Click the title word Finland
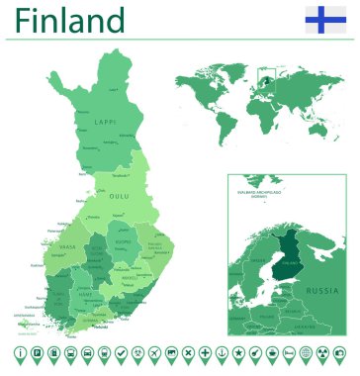[x=70, y=20]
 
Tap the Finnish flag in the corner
[x=325, y=19]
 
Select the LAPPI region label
[x=106, y=122]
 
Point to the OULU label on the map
[x=119, y=196]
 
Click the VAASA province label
[x=68, y=247]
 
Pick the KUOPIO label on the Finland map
[x=123, y=241]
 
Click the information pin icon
[x=20, y=353]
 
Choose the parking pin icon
[x=37, y=353]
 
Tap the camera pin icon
[x=339, y=353]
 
